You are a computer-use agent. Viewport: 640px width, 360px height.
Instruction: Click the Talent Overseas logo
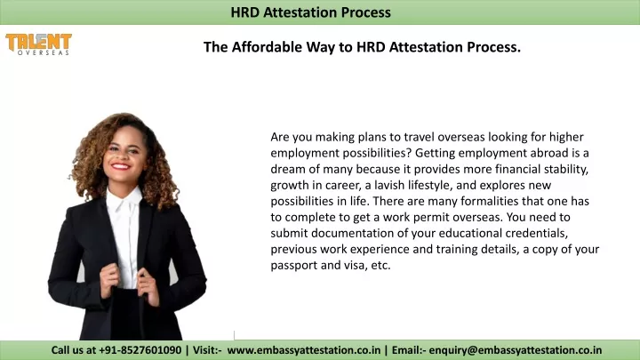point(38,44)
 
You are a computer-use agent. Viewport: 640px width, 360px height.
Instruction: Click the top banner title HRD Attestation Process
point(310,12)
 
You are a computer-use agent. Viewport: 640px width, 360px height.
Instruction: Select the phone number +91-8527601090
point(139,350)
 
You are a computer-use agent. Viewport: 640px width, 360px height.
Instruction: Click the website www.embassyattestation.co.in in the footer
point(304,350)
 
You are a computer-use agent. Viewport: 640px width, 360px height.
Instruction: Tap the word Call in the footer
point(62,350)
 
